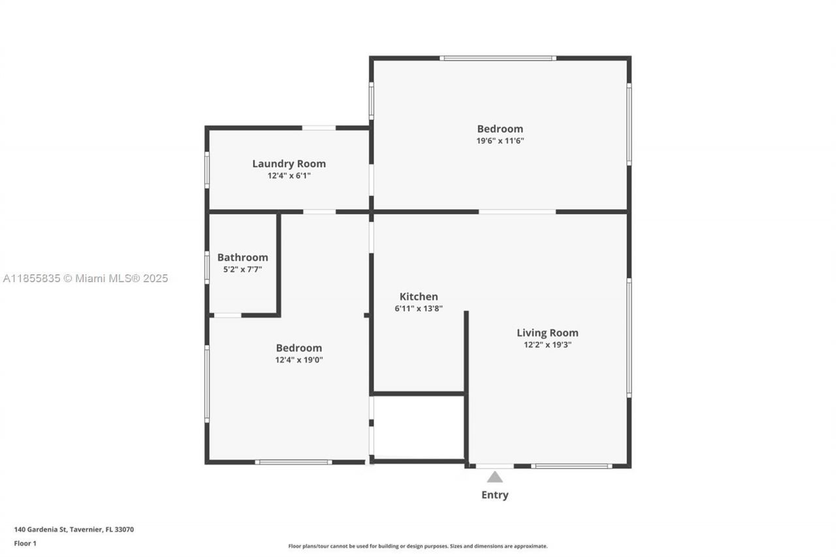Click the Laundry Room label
pyautogui.click(x=289, y=164)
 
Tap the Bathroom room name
pyautogui.click(x=242, y=257)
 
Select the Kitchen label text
pyautogui.click(x=419, y=296)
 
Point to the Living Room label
pyautogui.click(x=547, y=332)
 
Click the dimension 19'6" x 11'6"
pyautogui.click(x=500, y=140)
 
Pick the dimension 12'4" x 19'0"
pyautogui.click(x=298, y=359)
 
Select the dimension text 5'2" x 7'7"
pyautogui.click(x=242, y=269)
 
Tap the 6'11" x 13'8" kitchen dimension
pyautogui.click(x=419, y=308)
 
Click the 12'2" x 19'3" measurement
pyautogui.click(x=547, y=345)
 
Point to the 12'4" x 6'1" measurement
pyautogui.click(x=289, y=176)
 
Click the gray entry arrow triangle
pyautogui.click(x=494, y=477)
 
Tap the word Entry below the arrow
pyautogui.click(x=494, y=495)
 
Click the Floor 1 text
pyautogui.click(x=25, y=543)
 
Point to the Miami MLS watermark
pyautogui.click(x=86, y=278)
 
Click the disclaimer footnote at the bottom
pyautogui.click(x=418, y=546)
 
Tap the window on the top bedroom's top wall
pyautogui.click(x=498, y=58)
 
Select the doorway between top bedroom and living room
pyautogui.click(x=517, y=212)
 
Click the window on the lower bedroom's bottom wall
pyautogui.click(x=293, y=462)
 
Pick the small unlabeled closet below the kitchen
pyautogui.click(x=418, y=427)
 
